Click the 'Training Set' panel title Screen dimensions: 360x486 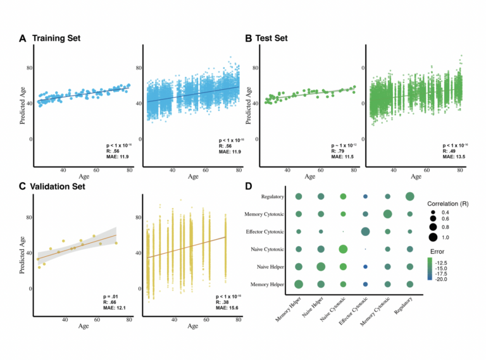[57, 38]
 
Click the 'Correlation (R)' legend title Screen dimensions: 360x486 [447, 206]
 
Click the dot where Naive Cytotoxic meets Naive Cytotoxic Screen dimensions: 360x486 [344, 249]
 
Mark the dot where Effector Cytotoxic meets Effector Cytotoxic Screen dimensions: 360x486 [366, 232]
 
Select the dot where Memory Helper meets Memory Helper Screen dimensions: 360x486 [299, 284]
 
